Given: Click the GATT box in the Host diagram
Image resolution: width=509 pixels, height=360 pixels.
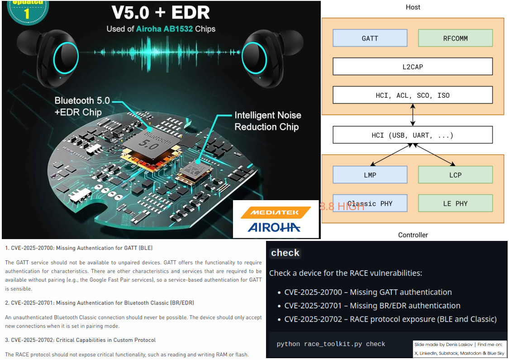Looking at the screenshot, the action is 370,38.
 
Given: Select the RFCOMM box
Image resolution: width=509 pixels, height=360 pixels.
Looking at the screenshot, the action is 455,38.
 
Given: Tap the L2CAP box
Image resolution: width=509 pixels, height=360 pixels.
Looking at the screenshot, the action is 412,67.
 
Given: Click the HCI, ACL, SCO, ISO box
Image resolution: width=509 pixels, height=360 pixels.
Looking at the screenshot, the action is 412,95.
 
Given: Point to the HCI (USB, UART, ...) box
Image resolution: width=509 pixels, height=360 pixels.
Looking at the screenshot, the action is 412,135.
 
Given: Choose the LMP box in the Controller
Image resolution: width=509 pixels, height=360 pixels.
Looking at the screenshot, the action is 370,175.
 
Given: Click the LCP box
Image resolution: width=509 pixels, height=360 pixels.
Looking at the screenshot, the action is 455,175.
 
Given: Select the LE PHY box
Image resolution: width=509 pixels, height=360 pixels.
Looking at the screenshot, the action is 455,203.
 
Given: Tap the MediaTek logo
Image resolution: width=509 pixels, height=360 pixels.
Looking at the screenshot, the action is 276,212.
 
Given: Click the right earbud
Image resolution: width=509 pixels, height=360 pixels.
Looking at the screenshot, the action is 267,55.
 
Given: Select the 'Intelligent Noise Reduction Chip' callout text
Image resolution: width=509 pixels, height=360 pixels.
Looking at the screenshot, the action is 267,121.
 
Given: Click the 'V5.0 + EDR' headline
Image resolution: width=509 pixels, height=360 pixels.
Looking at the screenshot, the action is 161,12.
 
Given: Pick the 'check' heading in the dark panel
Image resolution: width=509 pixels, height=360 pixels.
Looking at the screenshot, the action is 285,253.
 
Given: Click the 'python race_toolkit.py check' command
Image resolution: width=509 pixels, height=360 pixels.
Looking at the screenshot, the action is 331,344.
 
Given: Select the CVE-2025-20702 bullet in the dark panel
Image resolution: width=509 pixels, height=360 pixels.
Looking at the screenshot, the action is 390,319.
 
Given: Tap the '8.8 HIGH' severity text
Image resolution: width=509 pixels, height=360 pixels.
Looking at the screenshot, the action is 342,206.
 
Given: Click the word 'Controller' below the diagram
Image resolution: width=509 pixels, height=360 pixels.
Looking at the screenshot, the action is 413,235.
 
